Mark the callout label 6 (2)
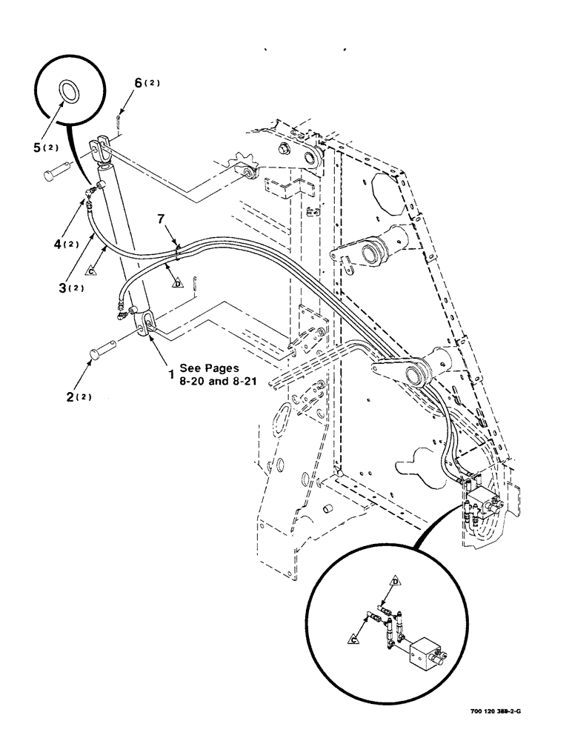(144, 84)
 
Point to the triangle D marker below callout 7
(177, 282)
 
